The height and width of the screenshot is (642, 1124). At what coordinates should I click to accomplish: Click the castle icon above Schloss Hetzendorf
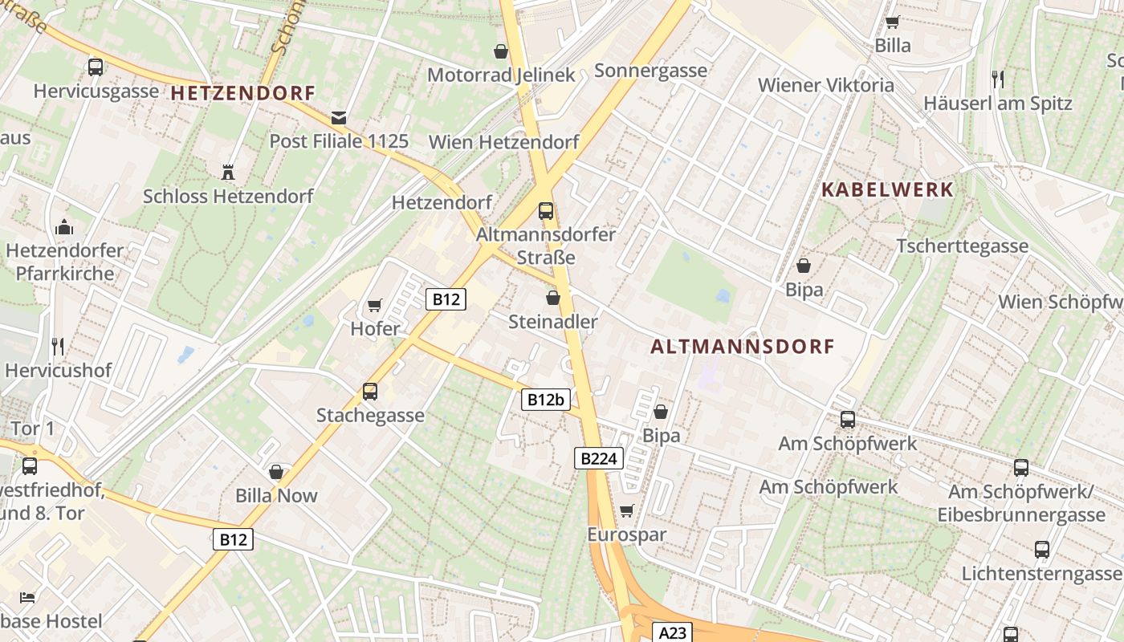(x=228, y=172)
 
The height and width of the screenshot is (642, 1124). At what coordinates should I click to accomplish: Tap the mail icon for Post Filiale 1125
(x=339, y=118)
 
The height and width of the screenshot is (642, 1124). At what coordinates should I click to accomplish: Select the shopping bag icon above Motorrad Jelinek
(x=501, y=51)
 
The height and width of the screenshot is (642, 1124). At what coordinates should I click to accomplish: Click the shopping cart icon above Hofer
(x=374, y=306)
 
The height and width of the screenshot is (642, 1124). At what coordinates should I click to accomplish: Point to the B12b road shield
(x=545, y=400)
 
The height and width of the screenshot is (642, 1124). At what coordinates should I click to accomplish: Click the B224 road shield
(x=599, y=459)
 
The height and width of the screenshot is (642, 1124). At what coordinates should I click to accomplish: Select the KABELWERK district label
(x=887, y=190)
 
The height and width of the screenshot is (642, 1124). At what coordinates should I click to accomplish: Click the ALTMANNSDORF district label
(x=743, y=347)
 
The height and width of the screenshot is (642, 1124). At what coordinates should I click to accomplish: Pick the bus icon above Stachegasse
(x=369, y=392)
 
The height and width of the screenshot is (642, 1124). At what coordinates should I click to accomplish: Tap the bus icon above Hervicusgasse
(x=96, y=67)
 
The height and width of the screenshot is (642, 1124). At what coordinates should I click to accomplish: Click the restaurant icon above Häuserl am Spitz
(x=997, y=79)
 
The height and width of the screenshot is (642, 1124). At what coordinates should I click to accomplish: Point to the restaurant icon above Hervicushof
(x=58, y=347)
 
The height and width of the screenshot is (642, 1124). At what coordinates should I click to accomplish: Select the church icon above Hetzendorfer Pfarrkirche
(x=64, y=227)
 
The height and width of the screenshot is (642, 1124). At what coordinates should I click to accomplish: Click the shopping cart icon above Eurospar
(x=627, y=511)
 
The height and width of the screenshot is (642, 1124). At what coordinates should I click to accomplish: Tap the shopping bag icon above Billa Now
(x=276, y=472)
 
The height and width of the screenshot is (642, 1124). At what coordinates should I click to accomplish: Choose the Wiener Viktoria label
(x=825, y=85)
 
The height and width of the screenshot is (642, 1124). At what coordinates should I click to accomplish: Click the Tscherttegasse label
(x=962, y=246)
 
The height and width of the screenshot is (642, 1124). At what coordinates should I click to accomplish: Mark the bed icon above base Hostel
(x=27, y=598)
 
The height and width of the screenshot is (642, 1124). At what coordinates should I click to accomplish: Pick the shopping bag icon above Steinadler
(x=552, y=299)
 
